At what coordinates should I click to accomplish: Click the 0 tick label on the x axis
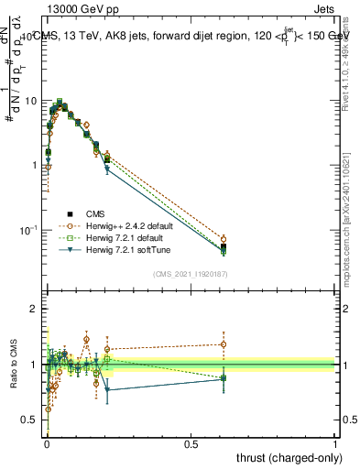(x=46, y=442)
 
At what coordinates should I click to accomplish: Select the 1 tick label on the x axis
(x=335, y=442)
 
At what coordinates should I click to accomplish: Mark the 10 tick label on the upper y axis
(x=30, y=100)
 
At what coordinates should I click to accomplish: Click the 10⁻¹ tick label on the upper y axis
(x=28, y=230)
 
